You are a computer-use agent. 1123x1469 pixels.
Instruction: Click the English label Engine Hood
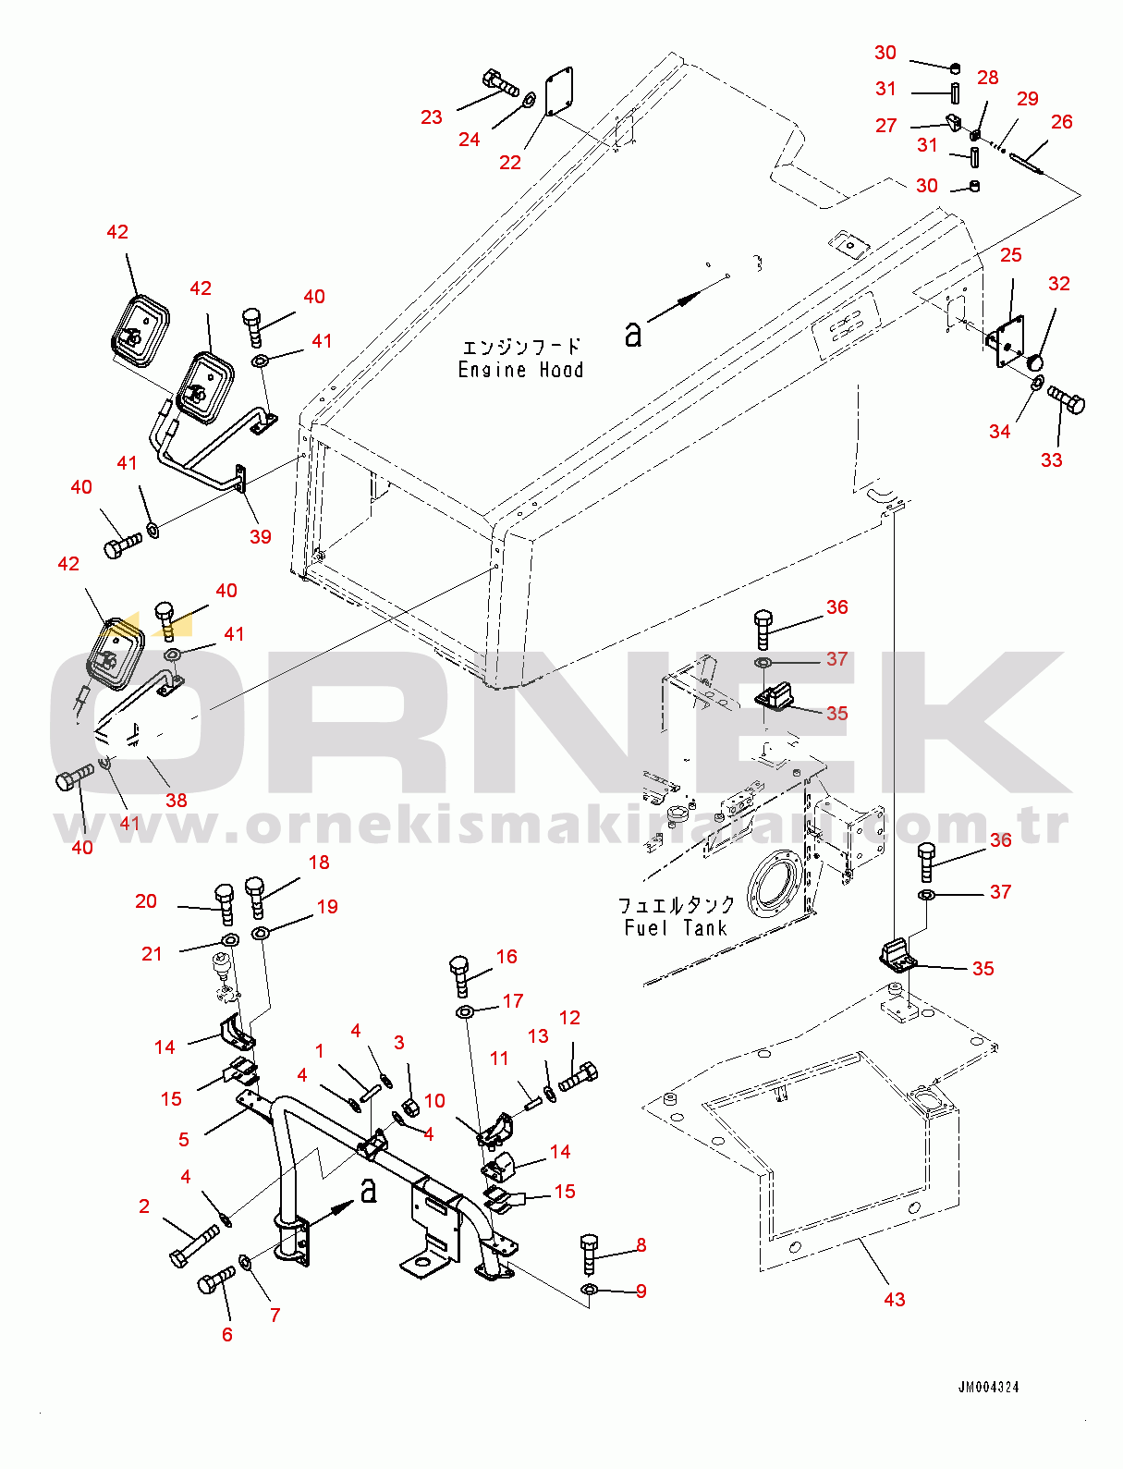click(x=520, y=370)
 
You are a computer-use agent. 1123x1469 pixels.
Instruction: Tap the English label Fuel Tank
click(x=676, y=927)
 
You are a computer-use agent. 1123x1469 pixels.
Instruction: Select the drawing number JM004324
click(x=988, y=1388)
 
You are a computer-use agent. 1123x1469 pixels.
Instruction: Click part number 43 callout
click(x=895, y=1299)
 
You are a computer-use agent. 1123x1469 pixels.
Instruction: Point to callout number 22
click(x=509, y=162)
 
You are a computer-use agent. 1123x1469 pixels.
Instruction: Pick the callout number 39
click(x=260, y=536)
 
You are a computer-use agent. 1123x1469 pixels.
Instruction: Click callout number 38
click(x=176, y=800)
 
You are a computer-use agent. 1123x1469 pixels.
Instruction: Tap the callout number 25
click(x=1010, y=254)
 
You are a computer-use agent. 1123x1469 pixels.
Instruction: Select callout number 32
click(x=1059, y=283)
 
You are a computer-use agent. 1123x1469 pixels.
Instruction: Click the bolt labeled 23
click(x=500, y=83)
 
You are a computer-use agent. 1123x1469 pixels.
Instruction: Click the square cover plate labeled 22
click(x=559, y=91)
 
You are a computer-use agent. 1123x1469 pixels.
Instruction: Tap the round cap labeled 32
click(x=1035, y=362)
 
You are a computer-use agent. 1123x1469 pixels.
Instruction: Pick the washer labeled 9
click(x=590, y=1289)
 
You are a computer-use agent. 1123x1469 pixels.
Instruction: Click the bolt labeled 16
click(x=462, y=977)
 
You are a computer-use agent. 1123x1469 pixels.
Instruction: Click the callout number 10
click(x=434, y=1100)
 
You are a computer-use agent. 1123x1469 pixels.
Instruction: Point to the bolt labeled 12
click(x=578, y=1076)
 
